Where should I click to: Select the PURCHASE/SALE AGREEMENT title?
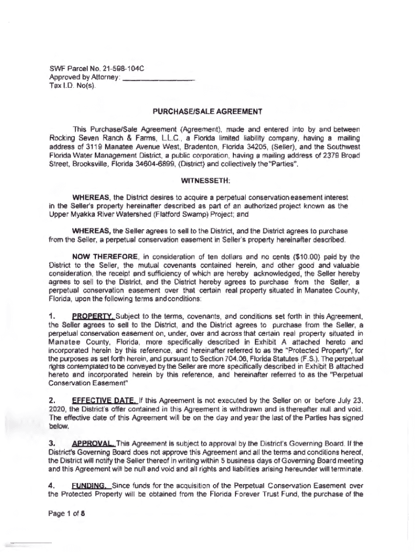(207, 112)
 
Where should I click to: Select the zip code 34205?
(278, 146)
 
